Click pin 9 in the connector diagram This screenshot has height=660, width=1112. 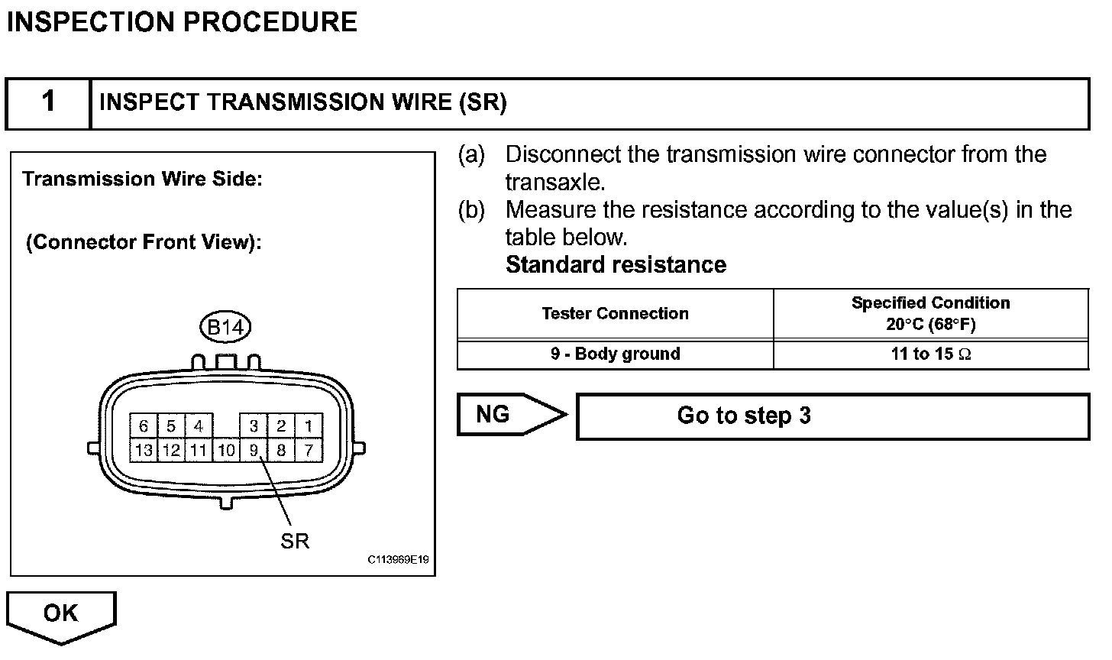[x=254, y=450]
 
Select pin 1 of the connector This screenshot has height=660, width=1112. [x=309, y=426]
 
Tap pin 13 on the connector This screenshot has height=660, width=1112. [x=143, y=450]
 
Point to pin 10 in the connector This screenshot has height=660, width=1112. [x=226, y=450]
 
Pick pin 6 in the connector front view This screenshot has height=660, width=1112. [x=143, y=426]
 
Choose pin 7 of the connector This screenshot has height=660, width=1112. [x=309, y=450]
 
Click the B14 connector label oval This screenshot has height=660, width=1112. [x=225, y=328]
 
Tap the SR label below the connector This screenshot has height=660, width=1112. [x=295, y=541]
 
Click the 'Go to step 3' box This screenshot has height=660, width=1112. [x=832, y=416]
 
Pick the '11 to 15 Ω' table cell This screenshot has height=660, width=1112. [x=931, y=354]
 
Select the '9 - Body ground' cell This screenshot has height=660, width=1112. [x=616, y=354]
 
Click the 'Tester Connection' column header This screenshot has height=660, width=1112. [x=616, y=313]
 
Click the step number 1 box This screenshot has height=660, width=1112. [x=48, y=102]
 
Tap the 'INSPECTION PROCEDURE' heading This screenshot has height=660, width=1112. [x=182, y=21]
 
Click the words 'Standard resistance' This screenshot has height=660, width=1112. [x=616, y=264]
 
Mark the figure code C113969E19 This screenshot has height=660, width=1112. [x=398, y=560]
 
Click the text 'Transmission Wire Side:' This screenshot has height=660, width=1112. [x=142, y=179]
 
